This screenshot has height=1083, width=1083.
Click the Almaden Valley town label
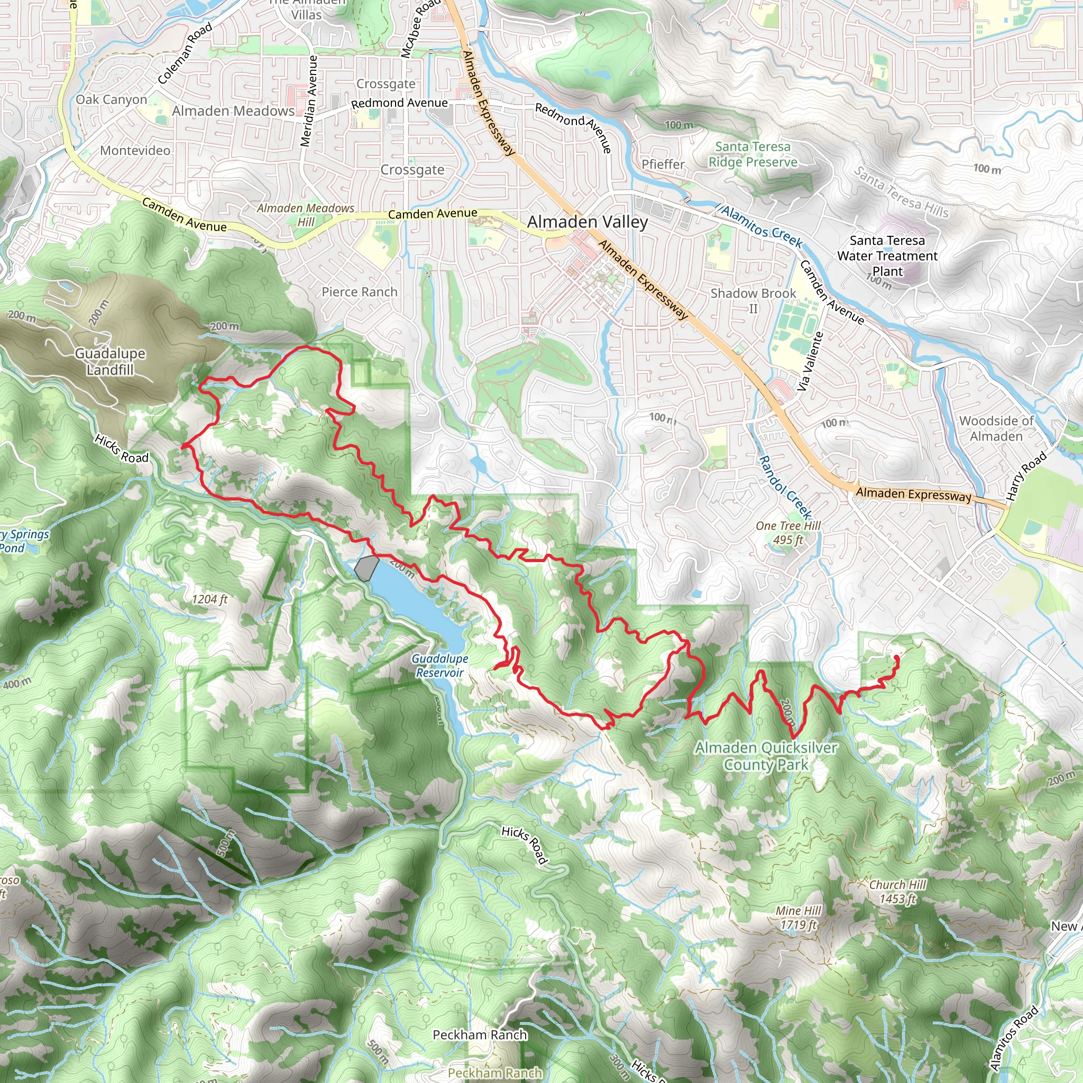coord(587,222)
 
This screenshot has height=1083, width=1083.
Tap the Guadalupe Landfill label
coord(110,362)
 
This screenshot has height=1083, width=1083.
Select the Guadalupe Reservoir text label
coord(439,665)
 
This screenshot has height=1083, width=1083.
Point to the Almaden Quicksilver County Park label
coord(766,756)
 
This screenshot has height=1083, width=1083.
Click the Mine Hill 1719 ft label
coord(797,917)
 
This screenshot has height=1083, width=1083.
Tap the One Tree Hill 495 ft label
coord(787,533)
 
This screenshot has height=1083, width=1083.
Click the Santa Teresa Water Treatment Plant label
coord(887,255)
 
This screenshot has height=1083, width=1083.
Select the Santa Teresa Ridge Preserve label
coord(752,154)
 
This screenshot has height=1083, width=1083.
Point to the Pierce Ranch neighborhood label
coord(359,292)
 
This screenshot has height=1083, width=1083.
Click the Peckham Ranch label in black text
coord(480,1035)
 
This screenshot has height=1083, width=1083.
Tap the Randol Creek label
coord(785,487)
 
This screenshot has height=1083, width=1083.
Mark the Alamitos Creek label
coord(762,226)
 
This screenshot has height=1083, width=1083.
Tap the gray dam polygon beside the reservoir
coord(366,568)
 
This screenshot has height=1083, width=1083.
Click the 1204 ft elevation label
coord(209,599)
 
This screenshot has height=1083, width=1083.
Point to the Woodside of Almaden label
coord(996,428)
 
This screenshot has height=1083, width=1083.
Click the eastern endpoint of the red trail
coord(896,656)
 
